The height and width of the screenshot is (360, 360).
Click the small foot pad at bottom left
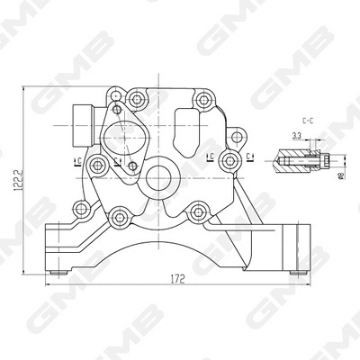(57, 269)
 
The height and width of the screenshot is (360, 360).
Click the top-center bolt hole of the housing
(136, 97)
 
